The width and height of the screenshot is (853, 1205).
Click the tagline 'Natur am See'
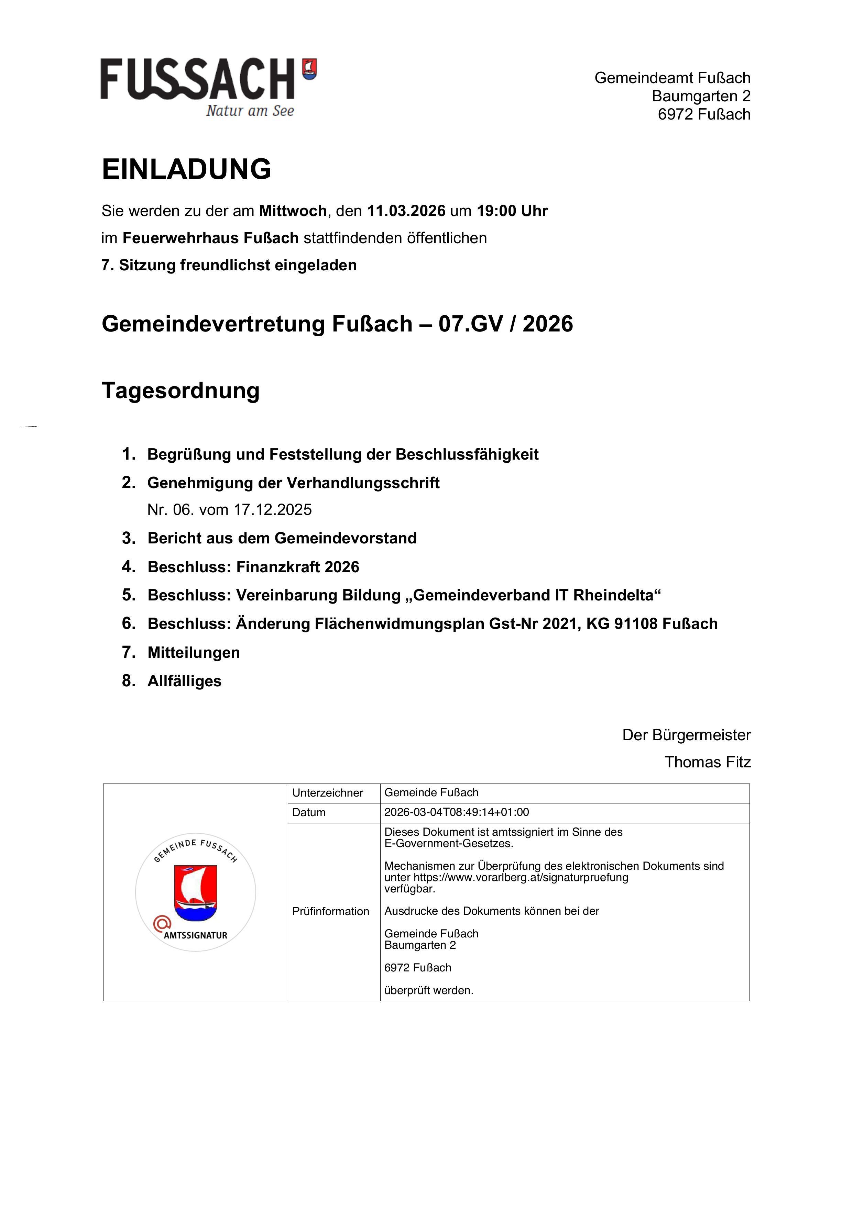click(250, 111)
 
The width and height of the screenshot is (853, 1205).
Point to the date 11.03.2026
click(406, 211)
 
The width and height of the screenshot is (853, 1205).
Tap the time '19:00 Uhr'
click(512, 211)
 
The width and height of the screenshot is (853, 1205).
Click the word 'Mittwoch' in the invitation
click(293, 211)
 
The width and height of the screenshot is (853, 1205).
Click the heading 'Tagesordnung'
click(181, 391)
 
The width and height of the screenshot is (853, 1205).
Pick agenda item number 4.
click(253, 567)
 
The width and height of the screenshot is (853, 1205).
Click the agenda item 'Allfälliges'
click(184, 681)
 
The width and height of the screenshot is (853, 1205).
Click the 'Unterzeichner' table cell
click(328, 792)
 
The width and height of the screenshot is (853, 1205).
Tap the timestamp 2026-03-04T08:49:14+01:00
click(457, 812)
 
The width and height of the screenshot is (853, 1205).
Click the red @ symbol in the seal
click(162, 923)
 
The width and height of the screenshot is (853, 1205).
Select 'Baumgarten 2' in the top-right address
click(701, 96)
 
